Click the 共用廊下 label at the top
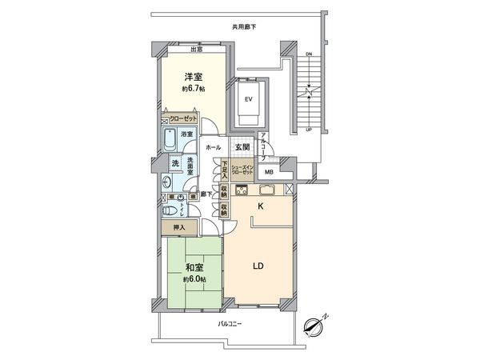[244, 26]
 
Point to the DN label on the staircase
[309, 54]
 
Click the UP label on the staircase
[309, 129]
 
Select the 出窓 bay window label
[195, 50]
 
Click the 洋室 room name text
[193, 76]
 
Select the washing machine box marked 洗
[174, 164]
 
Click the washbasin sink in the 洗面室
[166, 183]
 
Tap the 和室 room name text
[193, 268]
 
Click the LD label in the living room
[258, 266]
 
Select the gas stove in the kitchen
[242, 190]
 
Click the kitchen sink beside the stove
[267, 190]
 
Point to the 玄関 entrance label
[242, 148]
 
